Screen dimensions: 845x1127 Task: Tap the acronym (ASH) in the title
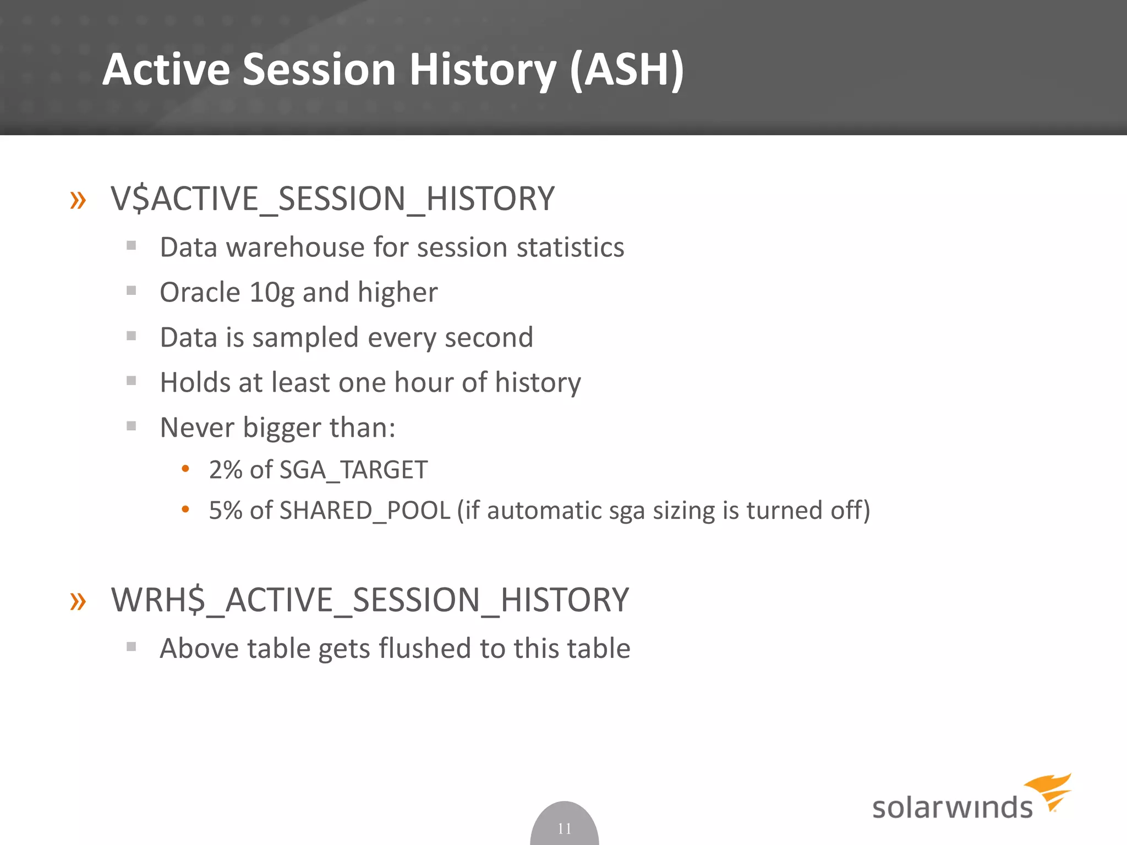[627, 70]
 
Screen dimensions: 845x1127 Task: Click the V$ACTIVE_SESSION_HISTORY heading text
[332, 199]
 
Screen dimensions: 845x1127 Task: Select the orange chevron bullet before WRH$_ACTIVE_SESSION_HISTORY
[78, 601]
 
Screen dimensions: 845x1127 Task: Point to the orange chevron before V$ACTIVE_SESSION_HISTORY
[78, 200]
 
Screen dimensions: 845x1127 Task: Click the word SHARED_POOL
[365, 511]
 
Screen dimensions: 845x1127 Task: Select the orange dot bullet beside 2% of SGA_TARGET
[185, 469]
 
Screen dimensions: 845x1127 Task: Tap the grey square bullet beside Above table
[131, 646]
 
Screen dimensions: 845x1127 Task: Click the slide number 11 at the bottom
[564, 828]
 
